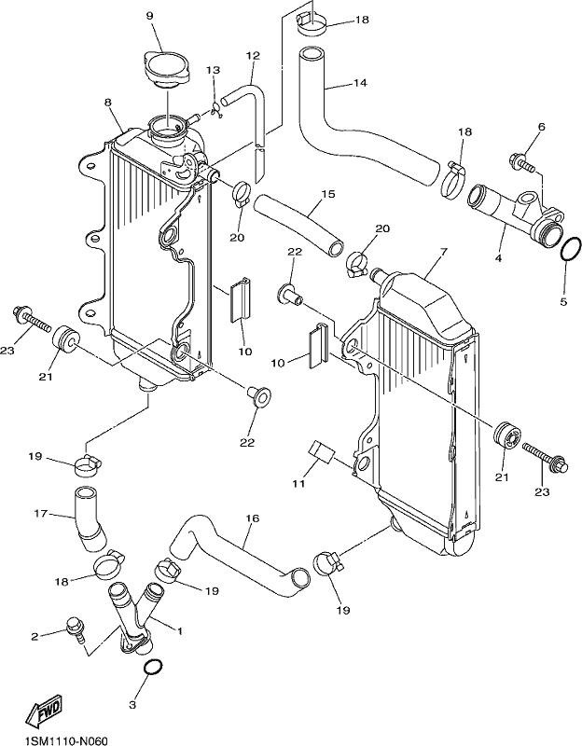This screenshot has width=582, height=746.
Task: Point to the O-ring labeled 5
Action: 570,250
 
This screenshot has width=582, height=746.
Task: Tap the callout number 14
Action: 361,83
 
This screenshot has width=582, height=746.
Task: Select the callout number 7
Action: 444,252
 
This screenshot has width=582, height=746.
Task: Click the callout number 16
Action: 253,518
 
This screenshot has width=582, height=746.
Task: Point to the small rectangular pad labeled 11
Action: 322,451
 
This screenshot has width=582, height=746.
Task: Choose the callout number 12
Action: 253,56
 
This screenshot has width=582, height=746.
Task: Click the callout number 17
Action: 40,514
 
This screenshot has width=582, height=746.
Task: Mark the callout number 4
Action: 498,258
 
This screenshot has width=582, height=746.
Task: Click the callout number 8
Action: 108,103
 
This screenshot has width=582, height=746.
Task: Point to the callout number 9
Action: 149,16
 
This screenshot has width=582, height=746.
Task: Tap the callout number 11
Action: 298,484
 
